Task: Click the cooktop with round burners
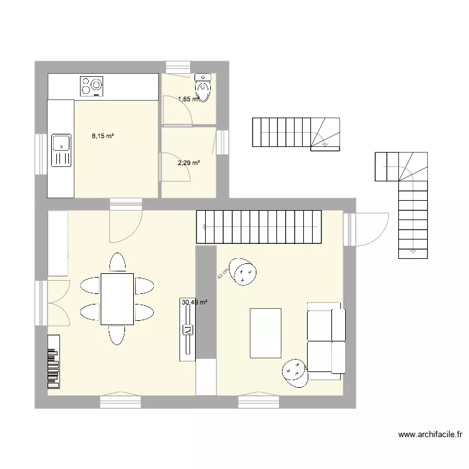[x=91, y=86]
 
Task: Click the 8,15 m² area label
[x=103, y=136]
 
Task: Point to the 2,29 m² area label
[x=188, y=163]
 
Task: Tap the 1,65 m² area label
[x=188, y=99]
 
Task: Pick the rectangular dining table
[x=117, y=298]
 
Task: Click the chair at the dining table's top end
[x=116, y=262]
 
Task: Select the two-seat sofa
[x=326, y=341]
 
